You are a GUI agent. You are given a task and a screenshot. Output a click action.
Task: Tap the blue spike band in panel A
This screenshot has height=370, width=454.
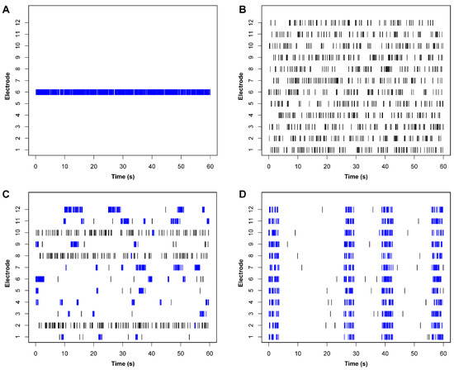[x=123, y=92]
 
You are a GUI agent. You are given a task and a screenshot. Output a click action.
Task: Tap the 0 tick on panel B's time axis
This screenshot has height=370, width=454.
[x=268, y=164]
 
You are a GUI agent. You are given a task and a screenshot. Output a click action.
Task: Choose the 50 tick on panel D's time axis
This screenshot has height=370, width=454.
[x=413, y=350]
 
